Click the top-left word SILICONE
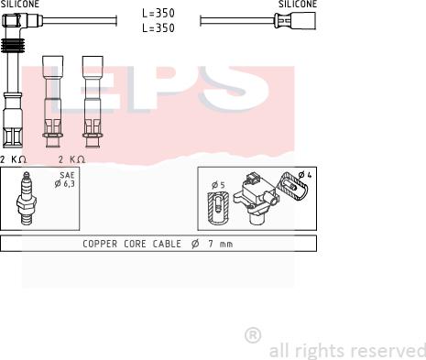[20, 4]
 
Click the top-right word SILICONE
[298, 4]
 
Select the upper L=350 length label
[158, 13]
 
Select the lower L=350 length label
[158, 28]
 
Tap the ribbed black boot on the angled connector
[12, 46]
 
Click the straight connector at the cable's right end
[295, 21]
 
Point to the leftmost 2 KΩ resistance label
[13, 159]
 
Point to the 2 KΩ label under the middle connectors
[71, 159]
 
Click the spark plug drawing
[27, 199]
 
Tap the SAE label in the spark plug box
[67, 175]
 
